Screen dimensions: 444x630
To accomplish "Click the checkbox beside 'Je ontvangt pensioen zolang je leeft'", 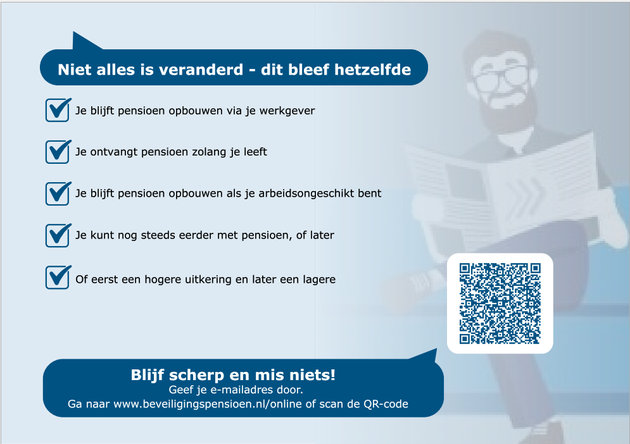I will (57, 152).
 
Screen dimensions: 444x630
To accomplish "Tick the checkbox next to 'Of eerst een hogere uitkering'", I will (57, 278).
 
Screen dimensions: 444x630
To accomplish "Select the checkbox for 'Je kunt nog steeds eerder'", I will (57, 235).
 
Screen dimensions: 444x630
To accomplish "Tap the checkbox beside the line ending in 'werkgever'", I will (57, 110).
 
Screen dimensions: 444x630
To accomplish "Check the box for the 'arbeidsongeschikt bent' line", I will (57, 193).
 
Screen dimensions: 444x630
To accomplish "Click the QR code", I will (500, 303).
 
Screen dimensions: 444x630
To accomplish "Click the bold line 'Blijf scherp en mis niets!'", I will (233, 374).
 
